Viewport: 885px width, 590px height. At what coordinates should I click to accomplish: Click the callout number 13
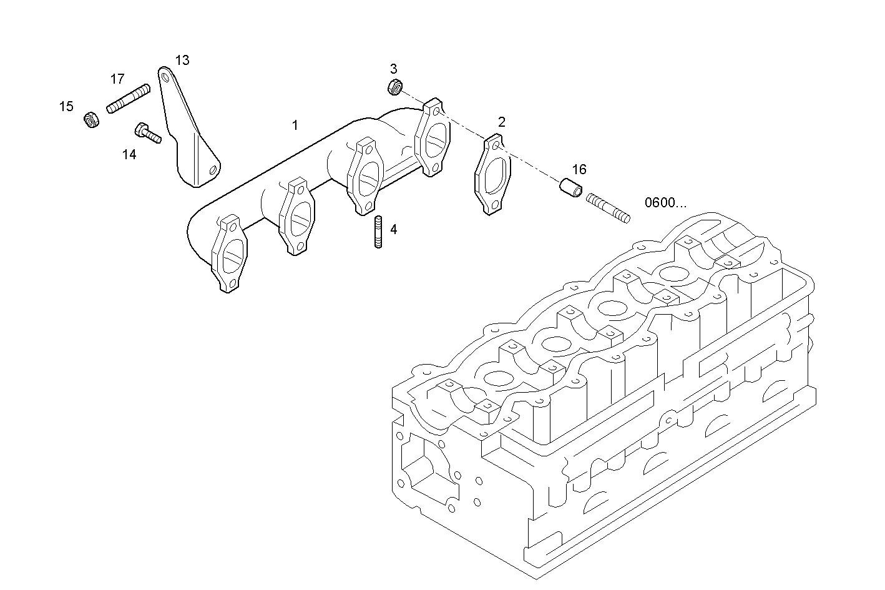182,61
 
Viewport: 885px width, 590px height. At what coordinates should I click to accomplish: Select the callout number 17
117,79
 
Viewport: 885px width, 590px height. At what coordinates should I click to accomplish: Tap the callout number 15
66,107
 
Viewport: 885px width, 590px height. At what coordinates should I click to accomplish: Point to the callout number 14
129,154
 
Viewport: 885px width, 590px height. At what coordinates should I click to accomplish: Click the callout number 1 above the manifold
295,125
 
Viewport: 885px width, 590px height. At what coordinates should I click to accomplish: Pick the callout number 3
393,69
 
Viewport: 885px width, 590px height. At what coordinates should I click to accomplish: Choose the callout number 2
501,122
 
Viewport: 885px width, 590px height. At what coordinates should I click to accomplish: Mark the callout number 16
579,169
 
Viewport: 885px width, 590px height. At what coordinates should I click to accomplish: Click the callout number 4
393,230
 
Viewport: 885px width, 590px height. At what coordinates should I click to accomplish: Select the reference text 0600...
665,202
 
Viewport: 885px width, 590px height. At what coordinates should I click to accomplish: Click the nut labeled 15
92,119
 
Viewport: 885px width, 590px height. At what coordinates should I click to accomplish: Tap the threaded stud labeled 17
129,99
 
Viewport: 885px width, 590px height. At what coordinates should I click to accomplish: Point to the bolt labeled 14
147,132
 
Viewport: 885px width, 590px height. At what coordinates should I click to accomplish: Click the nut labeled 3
394,87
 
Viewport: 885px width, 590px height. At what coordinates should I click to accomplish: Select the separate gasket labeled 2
493,175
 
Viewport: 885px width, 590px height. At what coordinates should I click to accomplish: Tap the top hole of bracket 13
165,77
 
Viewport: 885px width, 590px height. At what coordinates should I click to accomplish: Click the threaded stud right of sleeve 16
608,209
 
